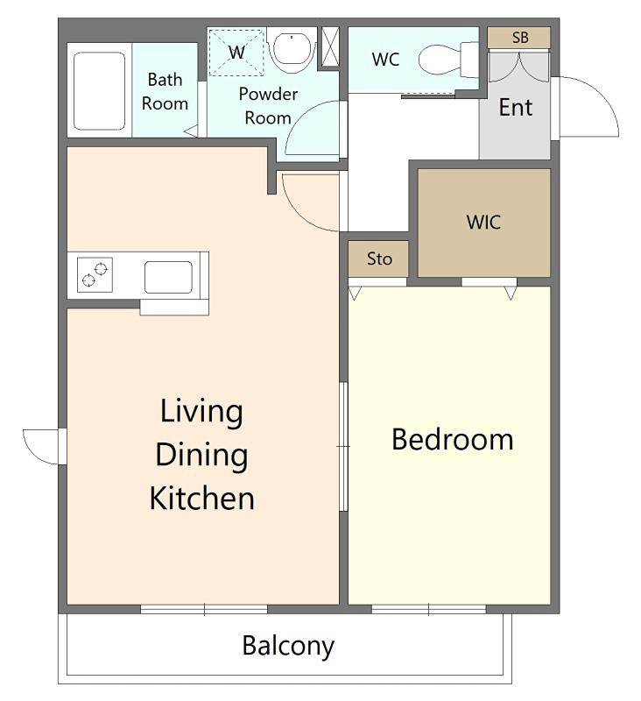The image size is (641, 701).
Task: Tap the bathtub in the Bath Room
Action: (x=99, y=91)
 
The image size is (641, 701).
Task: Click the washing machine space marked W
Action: (x=236, y=53)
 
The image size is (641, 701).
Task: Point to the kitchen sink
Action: (x=168, y=277)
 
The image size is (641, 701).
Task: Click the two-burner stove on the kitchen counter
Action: (x=95, y=274)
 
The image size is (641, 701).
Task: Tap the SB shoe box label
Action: (x=520, y=38)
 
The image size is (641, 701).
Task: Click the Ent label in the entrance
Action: (x=516, y=107)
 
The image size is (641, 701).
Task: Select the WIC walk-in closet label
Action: (x=483, y=223)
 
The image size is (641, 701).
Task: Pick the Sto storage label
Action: (x=379, y=258)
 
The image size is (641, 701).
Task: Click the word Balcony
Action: (x=288, y=646)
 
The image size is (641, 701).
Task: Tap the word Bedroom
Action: (x=453, y=440)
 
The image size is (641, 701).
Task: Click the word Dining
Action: (x=201, y=456)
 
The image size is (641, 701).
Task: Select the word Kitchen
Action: (x=202, y=498)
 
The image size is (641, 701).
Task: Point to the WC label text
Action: (x=385, y=59)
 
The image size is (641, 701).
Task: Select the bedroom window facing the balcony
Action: (x=429, y=609)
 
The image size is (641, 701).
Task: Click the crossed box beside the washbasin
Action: (x=330, y=46)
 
